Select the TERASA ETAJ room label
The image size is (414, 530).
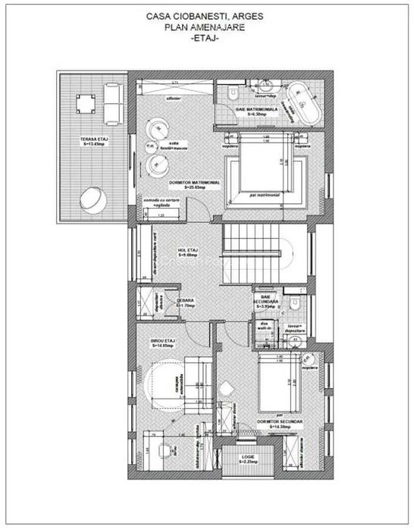pos(93,141)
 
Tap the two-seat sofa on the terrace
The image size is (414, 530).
pos(111,103)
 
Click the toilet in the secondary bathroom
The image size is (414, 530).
pos(300,303)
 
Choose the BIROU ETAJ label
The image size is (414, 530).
pos(162,343)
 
